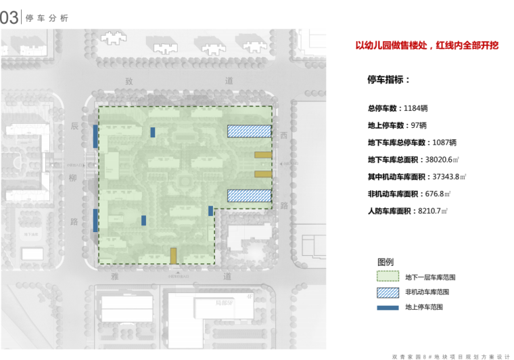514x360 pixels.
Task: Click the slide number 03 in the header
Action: tap(9, 18)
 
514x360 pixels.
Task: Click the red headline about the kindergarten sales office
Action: tap(427, 46)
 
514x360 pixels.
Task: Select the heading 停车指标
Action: tap(388, 80)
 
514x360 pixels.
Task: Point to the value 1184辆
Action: tap(415, 108)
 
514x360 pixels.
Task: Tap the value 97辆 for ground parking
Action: tap(419, 125)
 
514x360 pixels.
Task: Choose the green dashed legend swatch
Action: tap(388, 277)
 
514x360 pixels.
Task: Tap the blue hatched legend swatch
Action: tap(388, 292)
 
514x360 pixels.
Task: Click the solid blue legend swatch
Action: tap(388, 307)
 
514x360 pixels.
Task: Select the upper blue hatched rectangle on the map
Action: tap(249, 131)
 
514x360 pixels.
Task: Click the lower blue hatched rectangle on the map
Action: tap(249, 196)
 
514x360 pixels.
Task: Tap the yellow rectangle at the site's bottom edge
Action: tap(174, 256)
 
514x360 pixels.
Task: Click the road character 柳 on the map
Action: tap(74, 179)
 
